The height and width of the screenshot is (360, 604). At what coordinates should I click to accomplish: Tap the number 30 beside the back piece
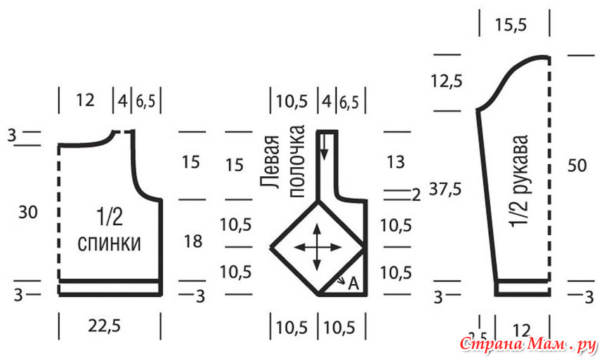(28, 212)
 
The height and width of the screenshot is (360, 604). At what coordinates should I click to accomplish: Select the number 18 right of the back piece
(195, 241)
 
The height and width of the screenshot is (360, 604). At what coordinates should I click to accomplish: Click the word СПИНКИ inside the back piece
(109, 244)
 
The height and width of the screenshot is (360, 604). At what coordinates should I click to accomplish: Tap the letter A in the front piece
(353, 284)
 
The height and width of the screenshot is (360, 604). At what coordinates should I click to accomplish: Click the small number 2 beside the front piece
(416, 194)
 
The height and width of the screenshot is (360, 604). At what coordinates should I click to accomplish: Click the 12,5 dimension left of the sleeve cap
(447, 81)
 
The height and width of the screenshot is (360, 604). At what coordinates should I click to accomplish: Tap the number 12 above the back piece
(84, 100)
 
